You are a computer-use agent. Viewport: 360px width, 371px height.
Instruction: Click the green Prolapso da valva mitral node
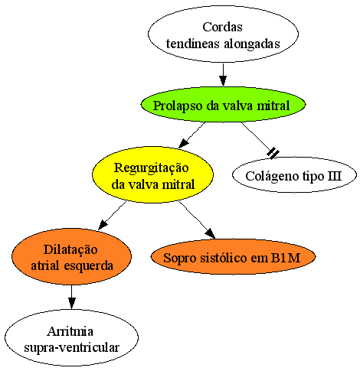pyautogui.click(x=223, y=105)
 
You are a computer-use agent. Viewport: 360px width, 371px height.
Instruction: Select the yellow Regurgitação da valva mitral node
pyautogui.click(x=152, y=175)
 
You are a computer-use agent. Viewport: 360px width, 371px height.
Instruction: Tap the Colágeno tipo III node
pyautogui.click(x=294, y=175)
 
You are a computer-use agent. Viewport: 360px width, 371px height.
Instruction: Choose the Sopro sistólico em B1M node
pyautogui.click(x=233, y=257)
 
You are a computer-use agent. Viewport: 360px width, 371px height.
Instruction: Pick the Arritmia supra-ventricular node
pyautogui.click(x=71, y=338)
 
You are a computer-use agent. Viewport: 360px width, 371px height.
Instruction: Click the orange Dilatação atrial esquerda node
pyautogui.click(x=71, y=257)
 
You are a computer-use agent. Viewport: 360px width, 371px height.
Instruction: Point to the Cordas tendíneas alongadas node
pyautogui.click(x=223, y=34)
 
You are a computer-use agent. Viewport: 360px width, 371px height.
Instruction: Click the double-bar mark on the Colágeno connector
pyautogui.click(x=273, y=153)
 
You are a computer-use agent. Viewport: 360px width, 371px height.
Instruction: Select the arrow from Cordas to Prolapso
pyautogui.click(x=223, y=75)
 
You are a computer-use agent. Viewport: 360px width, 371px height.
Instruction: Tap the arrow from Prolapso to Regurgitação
pyautogui.click(x=191, y=135)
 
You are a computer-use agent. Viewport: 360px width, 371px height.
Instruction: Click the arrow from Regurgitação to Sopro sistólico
pyautogui.click(x=197, y=220)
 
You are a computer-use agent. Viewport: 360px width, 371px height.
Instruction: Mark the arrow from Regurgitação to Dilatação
pyautogui.click(x=113, y=216)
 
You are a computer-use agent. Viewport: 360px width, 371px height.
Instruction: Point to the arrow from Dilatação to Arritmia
pyautogui.click(x=72, y=297)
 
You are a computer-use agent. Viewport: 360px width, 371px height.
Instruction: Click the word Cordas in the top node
pyautogui.click(x=222, y=27)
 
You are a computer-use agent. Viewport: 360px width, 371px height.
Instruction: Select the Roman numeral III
pyautogui.click(x=335, y=176)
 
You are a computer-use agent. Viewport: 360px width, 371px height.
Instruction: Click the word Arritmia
pyautogui.click(x=70, y=331)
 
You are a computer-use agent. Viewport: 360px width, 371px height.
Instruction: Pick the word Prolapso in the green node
pyautogui.click(x=178, y=106)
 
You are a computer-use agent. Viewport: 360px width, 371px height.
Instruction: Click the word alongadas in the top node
pyautogui.click(x=252, y=44)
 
